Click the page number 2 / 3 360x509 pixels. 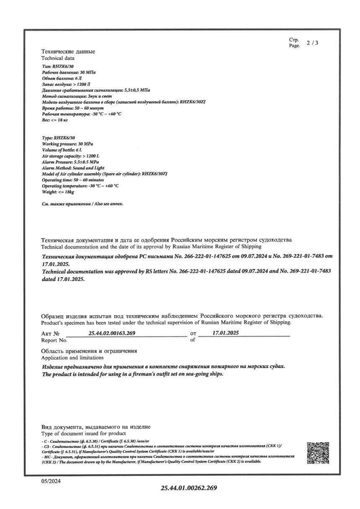(x=312, y=43)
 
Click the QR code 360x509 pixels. (x=318, y=452)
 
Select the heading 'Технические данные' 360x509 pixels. (x=68, y=51)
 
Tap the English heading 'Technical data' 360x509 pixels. (x=58, y=58)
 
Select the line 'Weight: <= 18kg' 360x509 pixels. (x=58, y=192)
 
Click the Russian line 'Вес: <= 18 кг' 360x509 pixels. (x=55, y=120)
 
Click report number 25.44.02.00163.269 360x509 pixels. (x=112, y=333)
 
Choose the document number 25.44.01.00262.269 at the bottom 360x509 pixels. (x=189, y=488)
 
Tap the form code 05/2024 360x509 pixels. (x=51, y=482)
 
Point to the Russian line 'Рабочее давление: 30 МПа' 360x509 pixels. (x=69, y=72)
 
